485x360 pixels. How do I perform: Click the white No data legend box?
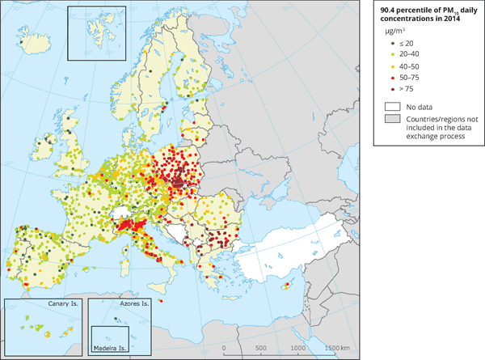point(393,106)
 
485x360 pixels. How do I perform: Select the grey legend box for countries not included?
point(393,120)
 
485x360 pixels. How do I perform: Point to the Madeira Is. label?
point(112,349)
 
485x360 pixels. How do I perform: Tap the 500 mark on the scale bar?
point(260,348)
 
